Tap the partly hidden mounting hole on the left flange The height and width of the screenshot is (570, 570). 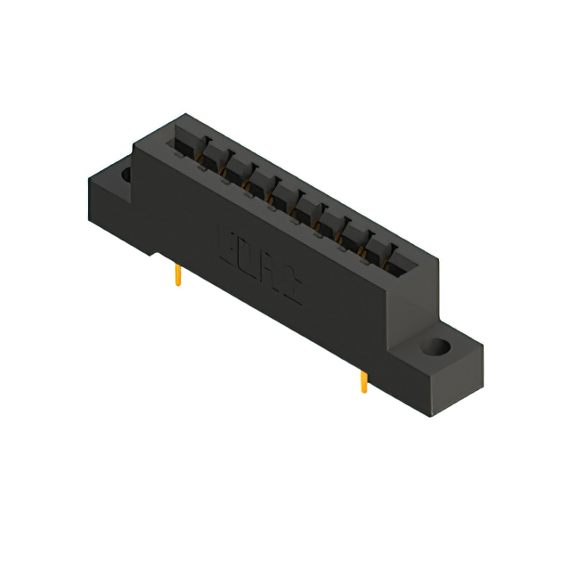point(126,175)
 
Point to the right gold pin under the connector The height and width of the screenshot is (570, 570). point(363,381)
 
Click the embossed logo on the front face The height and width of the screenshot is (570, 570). point(259,267)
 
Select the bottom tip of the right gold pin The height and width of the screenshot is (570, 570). point(363,391)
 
